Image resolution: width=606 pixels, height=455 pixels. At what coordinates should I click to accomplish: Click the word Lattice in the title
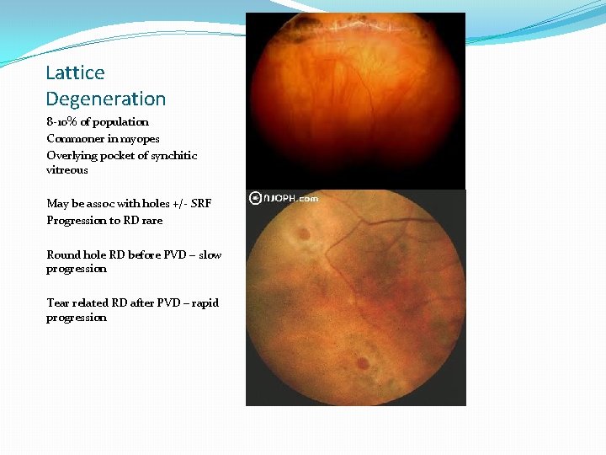[75, 73]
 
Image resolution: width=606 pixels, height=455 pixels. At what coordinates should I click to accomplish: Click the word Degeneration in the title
[106, 99]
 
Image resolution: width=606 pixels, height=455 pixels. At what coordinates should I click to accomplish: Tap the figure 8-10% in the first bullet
[61, 122]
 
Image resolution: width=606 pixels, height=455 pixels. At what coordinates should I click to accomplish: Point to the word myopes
[139, 138]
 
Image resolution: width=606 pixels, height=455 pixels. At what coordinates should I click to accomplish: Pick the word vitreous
[67, 169]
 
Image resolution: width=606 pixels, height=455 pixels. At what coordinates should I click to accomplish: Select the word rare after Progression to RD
[152, 220]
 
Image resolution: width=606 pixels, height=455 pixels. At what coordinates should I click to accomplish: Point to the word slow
[210, 254]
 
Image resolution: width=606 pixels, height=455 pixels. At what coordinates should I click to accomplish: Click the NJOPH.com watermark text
[290, 199]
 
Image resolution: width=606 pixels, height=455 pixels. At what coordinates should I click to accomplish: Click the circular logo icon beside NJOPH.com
[254, 199]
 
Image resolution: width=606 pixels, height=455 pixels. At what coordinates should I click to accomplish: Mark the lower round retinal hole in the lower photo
[362, 364]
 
